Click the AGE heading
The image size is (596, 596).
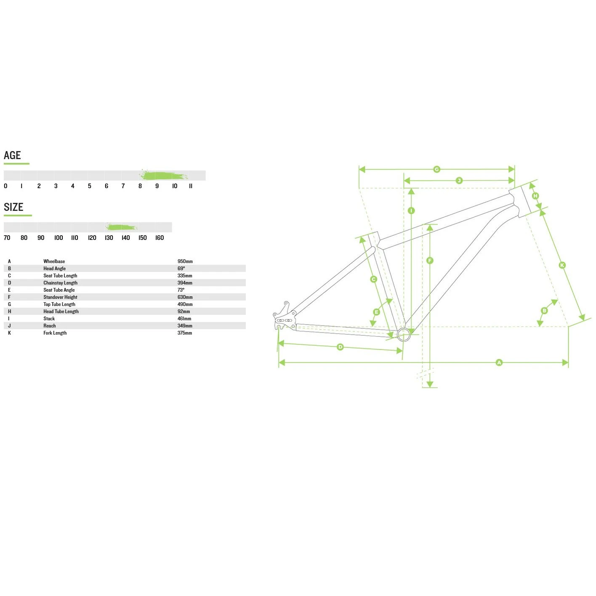(12, 155)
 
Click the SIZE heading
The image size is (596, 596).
(13, 207)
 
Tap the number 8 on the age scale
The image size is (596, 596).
(140, 186)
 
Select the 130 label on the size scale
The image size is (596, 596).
(109, 237)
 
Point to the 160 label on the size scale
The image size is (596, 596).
(160, 237)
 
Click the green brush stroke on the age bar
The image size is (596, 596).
(163, 176)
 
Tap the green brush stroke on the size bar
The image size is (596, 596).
(121, 227)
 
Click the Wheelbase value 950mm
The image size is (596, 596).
(185, 261)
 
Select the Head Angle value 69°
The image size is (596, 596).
(181, 269)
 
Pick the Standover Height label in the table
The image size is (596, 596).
(60, 297)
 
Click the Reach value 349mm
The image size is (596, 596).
(185, 326)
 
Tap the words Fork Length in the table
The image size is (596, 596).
(55, 333)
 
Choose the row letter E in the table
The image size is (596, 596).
(9, 290)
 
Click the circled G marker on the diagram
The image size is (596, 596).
(436, 169)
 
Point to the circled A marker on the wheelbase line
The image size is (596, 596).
(499, 362)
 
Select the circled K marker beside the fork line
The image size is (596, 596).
(562, 265)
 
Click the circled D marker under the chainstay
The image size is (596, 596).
(340, 347)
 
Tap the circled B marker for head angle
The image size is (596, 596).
(544, 311)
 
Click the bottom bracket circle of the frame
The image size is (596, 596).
(404, 334)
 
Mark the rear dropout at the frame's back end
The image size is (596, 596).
(284, 317)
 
